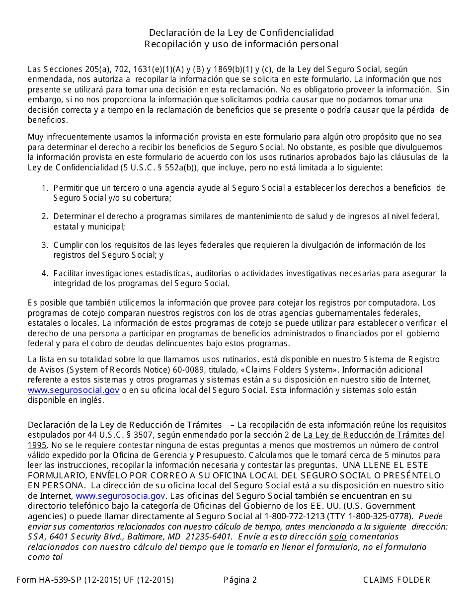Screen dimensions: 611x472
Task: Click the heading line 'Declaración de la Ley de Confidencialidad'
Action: [241, 33]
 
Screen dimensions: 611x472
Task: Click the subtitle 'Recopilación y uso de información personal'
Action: [241, 44]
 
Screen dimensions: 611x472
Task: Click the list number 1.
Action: [44, 188]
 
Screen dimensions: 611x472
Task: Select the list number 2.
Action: [44, 216]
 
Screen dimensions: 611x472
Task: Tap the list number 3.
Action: [44, 245]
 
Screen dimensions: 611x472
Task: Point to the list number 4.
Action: [44, 273]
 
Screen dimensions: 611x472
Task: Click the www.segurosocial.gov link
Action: [74, 390]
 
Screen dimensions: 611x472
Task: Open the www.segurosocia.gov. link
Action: [121, 496]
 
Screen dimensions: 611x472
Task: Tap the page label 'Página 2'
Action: [240, 580]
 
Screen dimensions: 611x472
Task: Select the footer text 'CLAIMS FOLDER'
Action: [397, 580]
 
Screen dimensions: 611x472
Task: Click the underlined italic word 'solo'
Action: [338, 537]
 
